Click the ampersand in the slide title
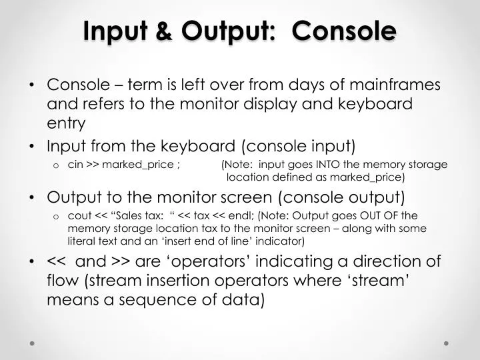click(x=168, y=31)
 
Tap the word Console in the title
click(x=350, y=31)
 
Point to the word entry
click(x=66, y=123)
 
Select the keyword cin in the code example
click(x=75, y=165)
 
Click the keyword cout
click(x=79, y=215)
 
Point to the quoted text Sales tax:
click(x=139, y=215)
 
